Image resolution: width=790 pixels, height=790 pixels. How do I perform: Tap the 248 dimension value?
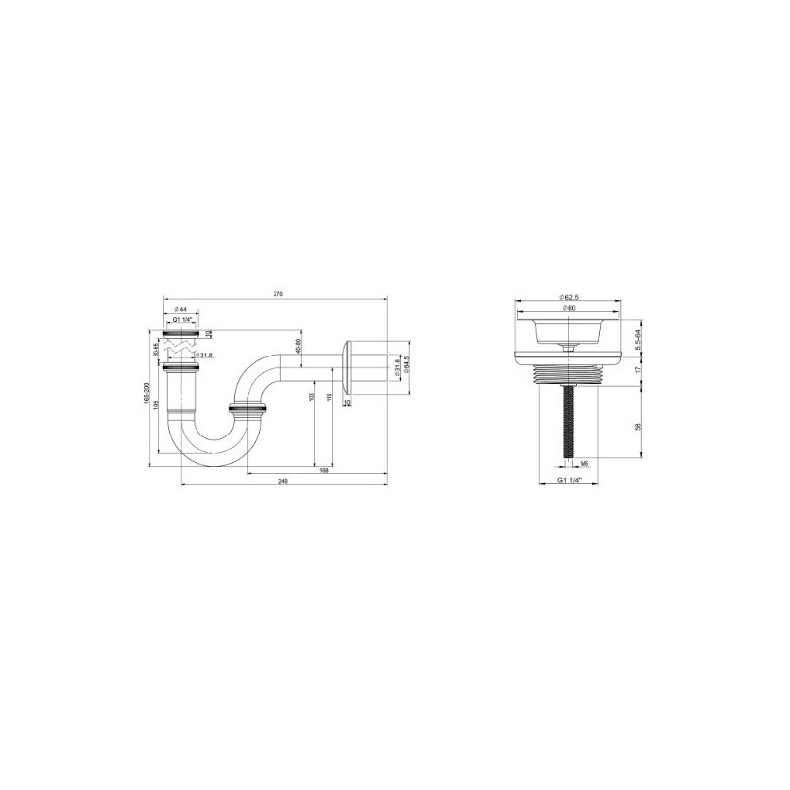(283, 481)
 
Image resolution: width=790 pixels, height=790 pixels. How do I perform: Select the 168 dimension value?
(324, 470)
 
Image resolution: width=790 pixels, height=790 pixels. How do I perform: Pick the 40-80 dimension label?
(298, 349)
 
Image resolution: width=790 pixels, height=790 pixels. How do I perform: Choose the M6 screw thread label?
(585, 462)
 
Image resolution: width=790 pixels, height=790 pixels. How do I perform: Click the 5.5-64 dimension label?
(640, 338)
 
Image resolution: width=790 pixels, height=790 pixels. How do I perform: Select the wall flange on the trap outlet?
(346, 371)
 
